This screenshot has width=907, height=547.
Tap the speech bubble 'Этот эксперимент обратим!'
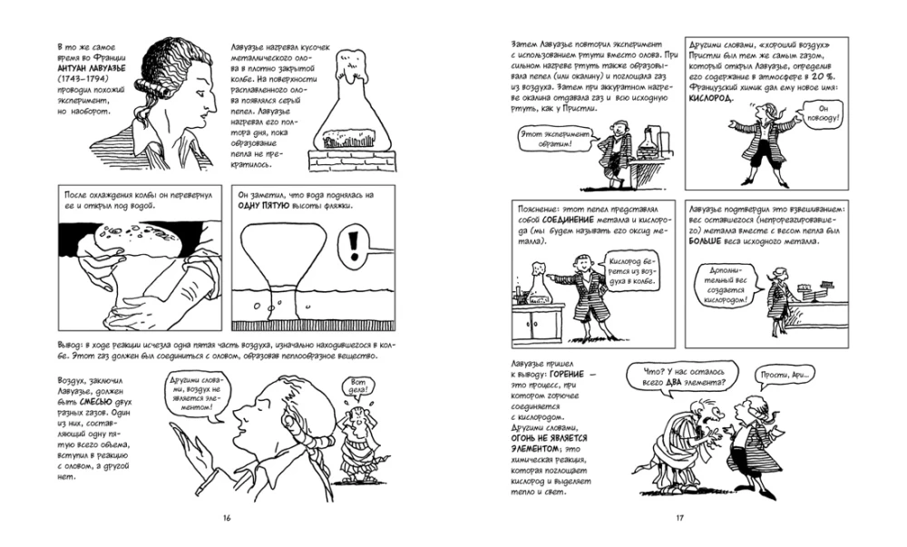pyautogui.click(x=547, y=139)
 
